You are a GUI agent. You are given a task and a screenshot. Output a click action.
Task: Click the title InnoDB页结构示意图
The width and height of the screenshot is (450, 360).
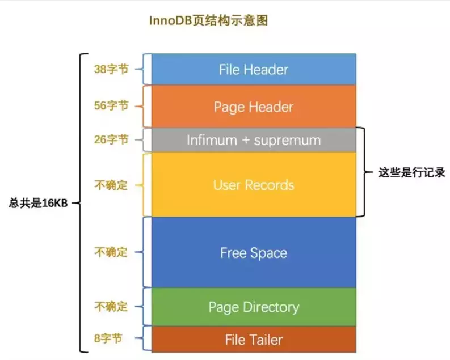(x=208, y=21)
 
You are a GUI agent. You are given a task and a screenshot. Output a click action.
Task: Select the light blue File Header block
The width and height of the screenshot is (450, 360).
(x=253, y=70)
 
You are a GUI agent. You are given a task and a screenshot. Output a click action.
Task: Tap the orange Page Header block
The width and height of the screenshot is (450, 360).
(x=253, y=107)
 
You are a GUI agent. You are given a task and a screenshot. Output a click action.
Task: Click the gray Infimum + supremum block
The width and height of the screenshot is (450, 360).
(x=253, y=140)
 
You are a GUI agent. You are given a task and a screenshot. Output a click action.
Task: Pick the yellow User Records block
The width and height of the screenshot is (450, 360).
(x=253, y=185)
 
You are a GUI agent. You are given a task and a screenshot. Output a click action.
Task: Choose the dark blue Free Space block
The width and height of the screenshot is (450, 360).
(x=253, y=253)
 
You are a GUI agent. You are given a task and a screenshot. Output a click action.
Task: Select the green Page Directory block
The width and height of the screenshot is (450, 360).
(x=253, y=307)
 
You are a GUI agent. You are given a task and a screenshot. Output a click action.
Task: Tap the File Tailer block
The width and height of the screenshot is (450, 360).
(x=253, y=340)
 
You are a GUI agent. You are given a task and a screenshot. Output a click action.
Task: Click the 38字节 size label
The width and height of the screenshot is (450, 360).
(x=111, y=69)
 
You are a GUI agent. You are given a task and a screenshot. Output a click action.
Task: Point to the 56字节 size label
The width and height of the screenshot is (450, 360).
(x=111, y=105)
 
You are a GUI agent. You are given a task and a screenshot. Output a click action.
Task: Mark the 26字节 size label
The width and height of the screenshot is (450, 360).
(x=111, y=139)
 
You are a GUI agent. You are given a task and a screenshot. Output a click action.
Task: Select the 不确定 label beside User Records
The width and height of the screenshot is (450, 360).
(x=111, y=185)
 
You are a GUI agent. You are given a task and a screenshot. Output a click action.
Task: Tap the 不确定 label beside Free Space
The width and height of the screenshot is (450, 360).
(x=111, y=252)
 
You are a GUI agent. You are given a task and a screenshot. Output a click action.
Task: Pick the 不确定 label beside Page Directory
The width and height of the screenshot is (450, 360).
(x=111, y=307)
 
